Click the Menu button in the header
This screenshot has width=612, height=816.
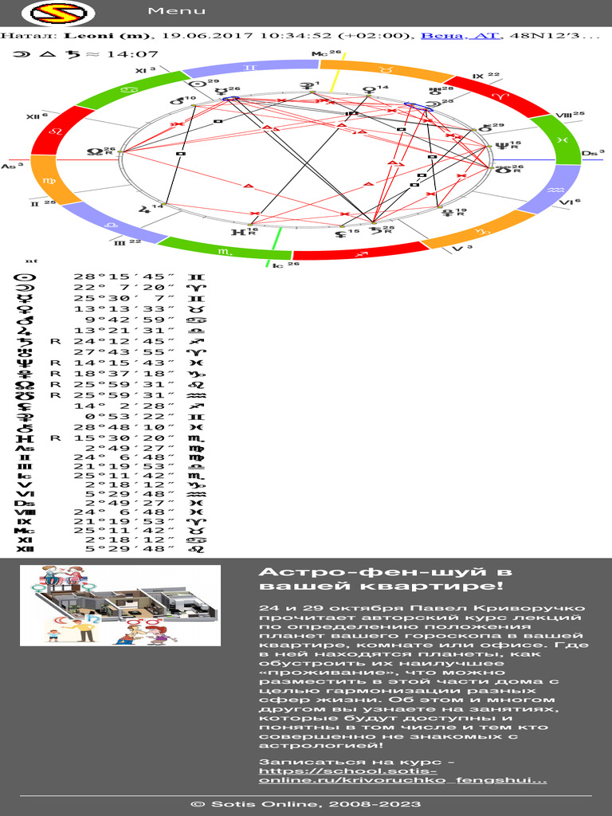coord(176,11)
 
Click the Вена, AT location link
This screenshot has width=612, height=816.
coord(457,36)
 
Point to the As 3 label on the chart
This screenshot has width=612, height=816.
coord(12,166)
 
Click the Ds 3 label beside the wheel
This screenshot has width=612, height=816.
coord(592,152)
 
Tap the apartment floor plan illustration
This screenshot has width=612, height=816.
coord(120,605)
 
